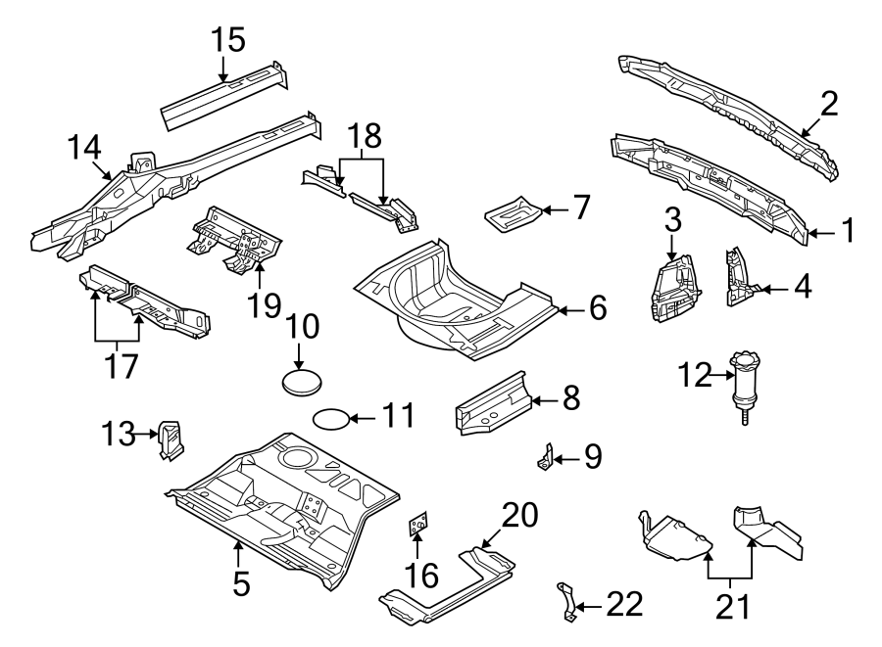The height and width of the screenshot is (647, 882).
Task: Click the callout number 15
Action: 227,40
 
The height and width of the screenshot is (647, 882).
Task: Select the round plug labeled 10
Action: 304,382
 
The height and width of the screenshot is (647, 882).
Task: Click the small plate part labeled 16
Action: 419,525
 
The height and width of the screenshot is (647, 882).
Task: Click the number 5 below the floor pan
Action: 241,583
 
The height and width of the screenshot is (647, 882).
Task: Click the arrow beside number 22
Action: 589,608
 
